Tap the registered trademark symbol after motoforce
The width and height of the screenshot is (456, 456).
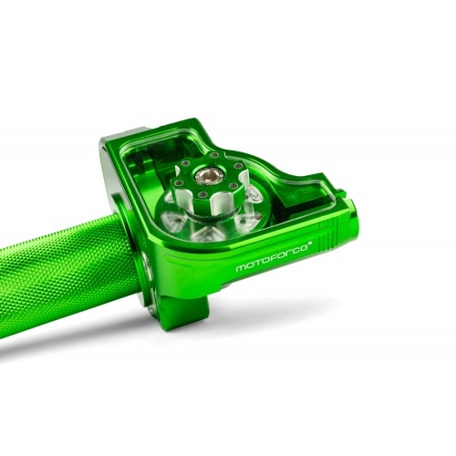pos(312,244)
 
